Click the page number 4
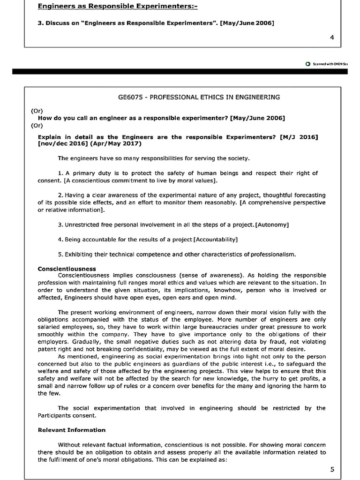[332, 37]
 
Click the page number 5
[332, 470]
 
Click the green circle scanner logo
[307, 64]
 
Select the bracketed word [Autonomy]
[272, 225]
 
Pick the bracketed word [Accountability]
[216, 240]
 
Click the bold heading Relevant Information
[71, 430]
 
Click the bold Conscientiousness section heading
[67, 269]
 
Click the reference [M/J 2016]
[299, 137]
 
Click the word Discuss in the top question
[57, 23]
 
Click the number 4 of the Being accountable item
[60, 240]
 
